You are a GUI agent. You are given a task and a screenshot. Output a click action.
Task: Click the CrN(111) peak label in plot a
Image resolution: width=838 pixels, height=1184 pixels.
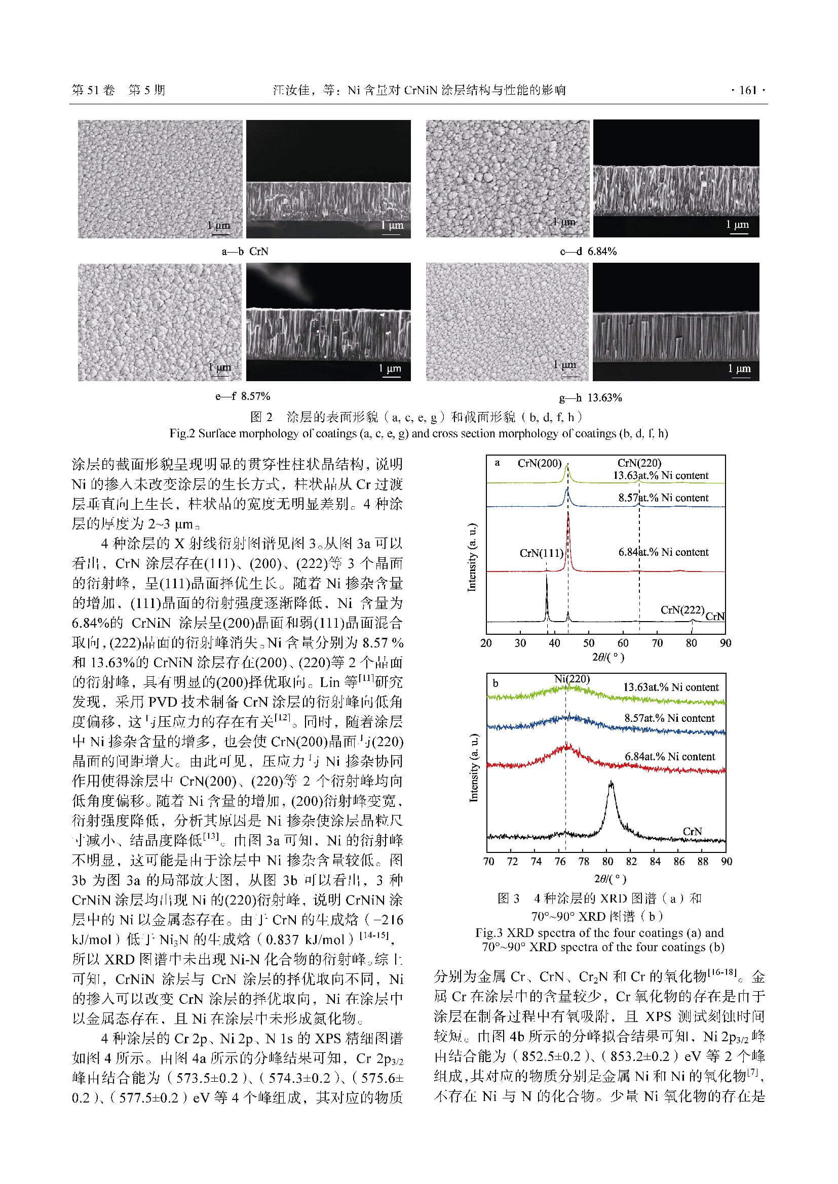(x=541, y=553)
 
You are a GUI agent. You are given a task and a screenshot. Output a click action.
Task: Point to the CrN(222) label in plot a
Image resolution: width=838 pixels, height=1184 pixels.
(x=682, y=610)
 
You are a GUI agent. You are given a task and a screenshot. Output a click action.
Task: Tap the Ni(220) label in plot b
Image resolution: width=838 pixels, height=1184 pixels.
(x=572, y=679)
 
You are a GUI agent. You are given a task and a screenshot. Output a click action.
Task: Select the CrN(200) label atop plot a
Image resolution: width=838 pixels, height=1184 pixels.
(x=539, y=463)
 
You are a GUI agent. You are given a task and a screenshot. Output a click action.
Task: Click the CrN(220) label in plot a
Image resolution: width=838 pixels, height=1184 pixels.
(x=639, y=463)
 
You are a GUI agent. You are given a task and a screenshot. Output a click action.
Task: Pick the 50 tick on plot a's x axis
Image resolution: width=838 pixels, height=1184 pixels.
(x=588, y=643)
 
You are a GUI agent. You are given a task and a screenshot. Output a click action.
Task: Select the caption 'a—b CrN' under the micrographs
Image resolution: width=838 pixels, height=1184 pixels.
(x=245, y=252)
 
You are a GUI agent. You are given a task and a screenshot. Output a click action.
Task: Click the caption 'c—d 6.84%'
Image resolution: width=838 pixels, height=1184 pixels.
(x=588, y=252)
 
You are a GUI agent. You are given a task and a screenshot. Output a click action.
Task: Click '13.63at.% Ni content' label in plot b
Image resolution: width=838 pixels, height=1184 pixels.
(x=671, y=687)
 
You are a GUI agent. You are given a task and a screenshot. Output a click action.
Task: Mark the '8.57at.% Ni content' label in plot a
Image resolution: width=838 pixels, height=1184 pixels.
(x=664, y=498)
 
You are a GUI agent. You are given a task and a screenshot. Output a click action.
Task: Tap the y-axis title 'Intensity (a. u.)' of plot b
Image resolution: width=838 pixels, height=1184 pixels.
(x=473, y=768)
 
